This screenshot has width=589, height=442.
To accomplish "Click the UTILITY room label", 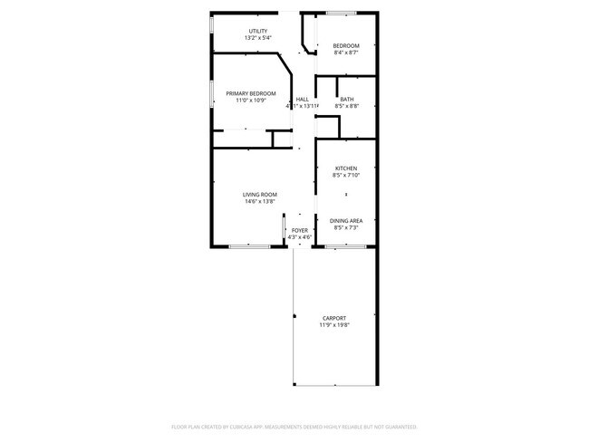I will [257, 31].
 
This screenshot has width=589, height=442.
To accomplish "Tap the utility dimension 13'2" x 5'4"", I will [257, 38].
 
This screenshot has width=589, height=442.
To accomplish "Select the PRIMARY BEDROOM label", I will [251, 92].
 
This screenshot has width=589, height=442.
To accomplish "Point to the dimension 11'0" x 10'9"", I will [251, 100].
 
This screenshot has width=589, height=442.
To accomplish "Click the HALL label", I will [302, 99].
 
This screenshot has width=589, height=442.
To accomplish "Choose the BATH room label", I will [347, 99].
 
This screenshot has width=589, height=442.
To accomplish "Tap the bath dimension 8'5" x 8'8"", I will [347, 106].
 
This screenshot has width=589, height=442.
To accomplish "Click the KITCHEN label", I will [346, 168].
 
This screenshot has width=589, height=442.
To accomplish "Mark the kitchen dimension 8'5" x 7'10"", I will [346, 175].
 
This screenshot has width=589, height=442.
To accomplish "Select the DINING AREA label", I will [346, 220].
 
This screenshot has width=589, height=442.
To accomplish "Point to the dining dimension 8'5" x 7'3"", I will [346, 227].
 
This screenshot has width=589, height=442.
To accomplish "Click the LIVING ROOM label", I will [259, 194].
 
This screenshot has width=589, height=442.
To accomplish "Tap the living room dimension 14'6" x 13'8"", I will [259, 201].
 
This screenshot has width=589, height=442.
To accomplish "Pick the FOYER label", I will [299, 230].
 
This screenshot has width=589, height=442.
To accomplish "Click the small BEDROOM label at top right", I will [345, 46].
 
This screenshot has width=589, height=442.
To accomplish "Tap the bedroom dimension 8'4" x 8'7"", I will [345, 53].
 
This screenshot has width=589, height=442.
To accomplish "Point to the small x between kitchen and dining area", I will [346, 195].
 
